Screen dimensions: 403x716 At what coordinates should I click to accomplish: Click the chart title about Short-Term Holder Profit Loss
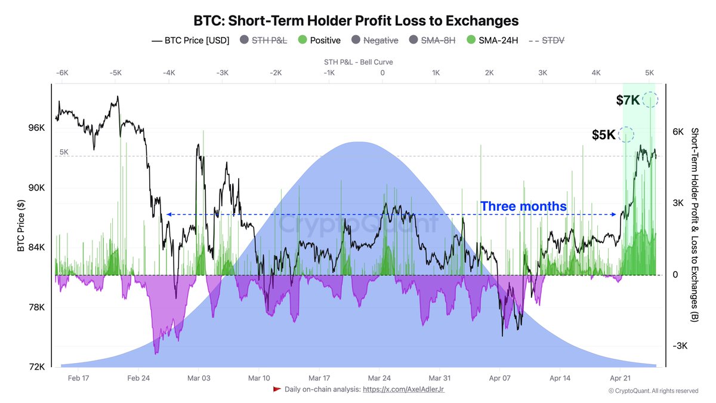[x=356, y=20]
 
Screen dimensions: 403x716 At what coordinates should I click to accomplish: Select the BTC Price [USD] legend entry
[x=190, y=41]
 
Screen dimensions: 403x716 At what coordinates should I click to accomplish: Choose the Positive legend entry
[x=319, y=41]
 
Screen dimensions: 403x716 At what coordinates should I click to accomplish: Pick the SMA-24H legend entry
[x=493, y=41]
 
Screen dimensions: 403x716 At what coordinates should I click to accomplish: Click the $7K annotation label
[x=628, y=100]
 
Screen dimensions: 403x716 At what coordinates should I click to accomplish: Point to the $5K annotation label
[x=603, y=135]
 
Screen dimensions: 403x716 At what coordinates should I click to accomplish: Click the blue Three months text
[x=523, y=206]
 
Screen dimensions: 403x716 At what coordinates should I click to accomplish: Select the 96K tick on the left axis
[x=36, y=128]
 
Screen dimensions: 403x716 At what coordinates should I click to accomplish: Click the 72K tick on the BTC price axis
[x=36, y=367]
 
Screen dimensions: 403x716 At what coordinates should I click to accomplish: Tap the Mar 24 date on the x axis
[x=379, y=378]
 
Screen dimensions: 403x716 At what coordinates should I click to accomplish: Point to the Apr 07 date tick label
[x=500, y=378]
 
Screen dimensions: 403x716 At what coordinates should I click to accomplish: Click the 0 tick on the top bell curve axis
[x=382, y=73]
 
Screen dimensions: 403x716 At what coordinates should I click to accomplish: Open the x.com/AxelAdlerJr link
[x=403, y=389]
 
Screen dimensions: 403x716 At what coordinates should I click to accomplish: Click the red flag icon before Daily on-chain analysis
[x=277, y=389]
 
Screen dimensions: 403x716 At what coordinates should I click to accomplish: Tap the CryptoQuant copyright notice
[x=653, y=391]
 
